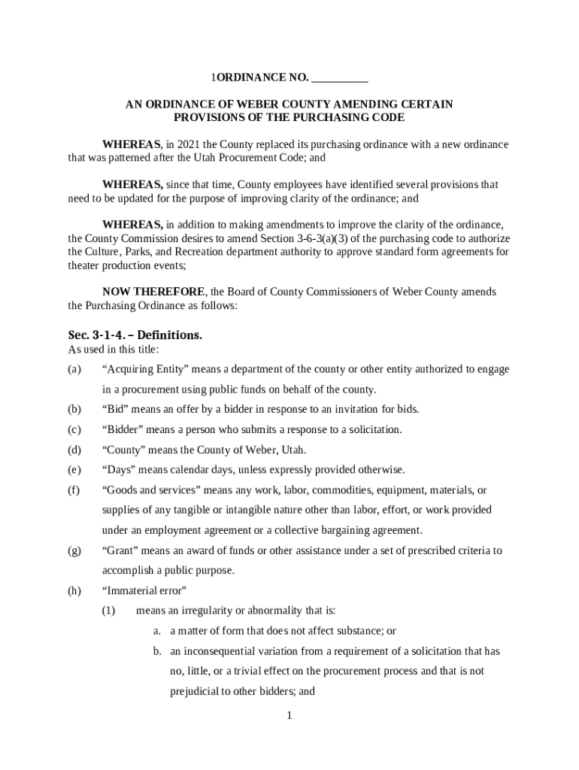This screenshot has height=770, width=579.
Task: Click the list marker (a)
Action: point(74,369)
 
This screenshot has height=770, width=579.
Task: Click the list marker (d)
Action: point(74,450)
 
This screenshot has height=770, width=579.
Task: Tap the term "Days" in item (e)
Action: point(120,470)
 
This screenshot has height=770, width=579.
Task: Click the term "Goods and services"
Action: point(147,490)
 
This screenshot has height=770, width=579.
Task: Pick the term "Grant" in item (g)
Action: point(120,550)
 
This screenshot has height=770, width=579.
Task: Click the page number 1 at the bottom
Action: point(289,715)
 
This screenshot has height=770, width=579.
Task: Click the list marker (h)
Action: point(74,591)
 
